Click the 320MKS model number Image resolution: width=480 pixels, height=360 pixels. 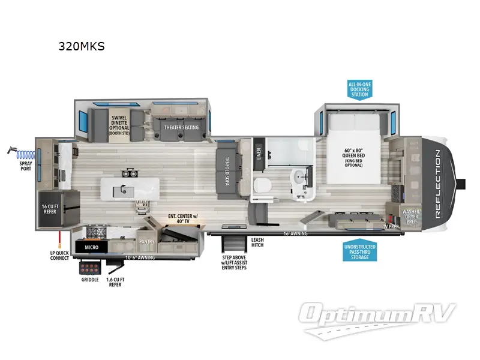[x=81, y=46]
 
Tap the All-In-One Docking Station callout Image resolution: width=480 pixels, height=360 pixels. [x=359, y=89]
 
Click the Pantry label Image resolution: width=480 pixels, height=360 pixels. [x=147, y=242]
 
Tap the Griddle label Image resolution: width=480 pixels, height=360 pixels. [x=90, y=280]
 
